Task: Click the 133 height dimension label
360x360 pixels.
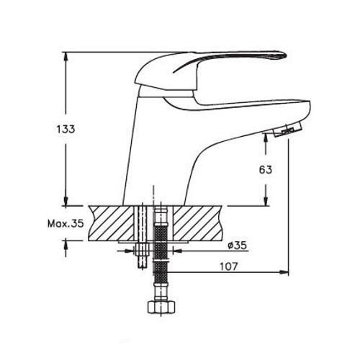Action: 66,129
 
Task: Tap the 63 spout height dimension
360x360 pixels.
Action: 266,170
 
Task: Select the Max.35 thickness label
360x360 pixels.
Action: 66,224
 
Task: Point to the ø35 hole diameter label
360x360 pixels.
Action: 238,246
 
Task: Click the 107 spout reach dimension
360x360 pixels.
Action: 229,266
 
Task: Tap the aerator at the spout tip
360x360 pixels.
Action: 287,130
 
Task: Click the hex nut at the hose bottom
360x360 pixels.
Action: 161,307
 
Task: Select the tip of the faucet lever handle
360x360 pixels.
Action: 286,55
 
